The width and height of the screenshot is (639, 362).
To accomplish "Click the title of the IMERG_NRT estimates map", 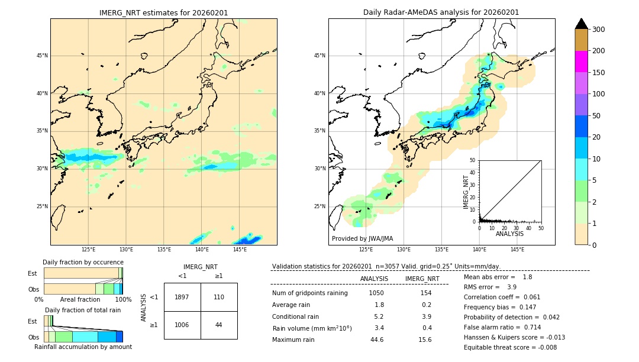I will [x=163, y=12].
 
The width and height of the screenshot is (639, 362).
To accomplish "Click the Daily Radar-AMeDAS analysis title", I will [x=441, y=12].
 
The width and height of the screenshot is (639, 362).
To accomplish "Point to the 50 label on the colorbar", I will [x=598, y=116].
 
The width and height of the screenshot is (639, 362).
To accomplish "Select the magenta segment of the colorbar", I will [x=581, y=62].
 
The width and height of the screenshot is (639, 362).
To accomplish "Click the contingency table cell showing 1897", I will [x=182, y=297].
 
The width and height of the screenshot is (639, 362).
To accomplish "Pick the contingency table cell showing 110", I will [x=219, y=297].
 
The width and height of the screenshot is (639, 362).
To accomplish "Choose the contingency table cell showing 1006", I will [x=182, y=325].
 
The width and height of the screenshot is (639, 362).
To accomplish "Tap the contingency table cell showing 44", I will [x=219, y=325].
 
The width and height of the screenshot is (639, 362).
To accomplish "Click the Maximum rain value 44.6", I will [x=377, y=340].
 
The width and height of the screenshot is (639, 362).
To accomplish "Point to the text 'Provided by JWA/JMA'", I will [x=362, y=239].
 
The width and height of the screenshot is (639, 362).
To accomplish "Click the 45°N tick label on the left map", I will [x=42, y=56].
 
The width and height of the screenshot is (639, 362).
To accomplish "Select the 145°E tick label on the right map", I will [x=517, y=250].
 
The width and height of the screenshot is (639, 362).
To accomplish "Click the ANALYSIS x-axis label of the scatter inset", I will [x=509, y=234].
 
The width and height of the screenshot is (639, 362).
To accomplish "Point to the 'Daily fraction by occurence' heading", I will [x=83, y=262].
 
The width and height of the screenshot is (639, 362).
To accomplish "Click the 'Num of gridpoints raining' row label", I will [x=310, y=293].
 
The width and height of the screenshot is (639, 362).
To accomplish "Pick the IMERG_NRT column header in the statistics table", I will [x=422, y=279].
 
